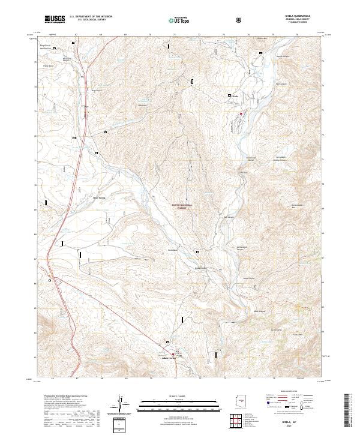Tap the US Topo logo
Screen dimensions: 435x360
click(181, 20)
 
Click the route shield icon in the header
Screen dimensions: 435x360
click(240, 20)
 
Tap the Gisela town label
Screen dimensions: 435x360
click(235, 96)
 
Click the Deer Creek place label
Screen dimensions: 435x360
click(98, 197)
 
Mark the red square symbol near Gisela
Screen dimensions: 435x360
click(241, 113)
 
